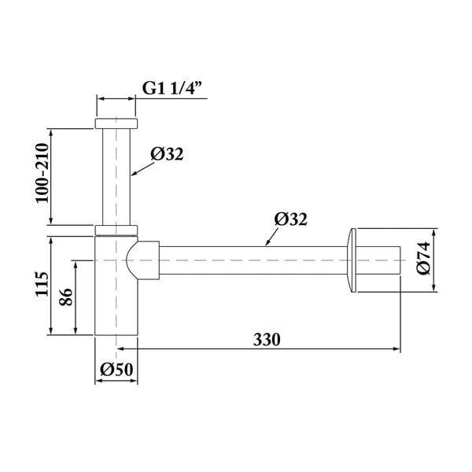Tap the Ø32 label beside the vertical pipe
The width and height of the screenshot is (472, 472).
[x=166, y=155]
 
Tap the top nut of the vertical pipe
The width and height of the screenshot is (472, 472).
[x=117, y=124]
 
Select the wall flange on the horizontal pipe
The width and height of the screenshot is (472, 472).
[x=351, y=260]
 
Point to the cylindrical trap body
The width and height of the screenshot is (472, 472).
[x=116, y=299]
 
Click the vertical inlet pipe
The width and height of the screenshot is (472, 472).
[x=117, y=177]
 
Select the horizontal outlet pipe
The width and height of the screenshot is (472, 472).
[x=252, y=260]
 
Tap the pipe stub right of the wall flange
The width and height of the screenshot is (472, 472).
[x=381, y=260]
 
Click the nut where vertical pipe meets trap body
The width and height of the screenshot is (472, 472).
[x=117, y=230]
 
